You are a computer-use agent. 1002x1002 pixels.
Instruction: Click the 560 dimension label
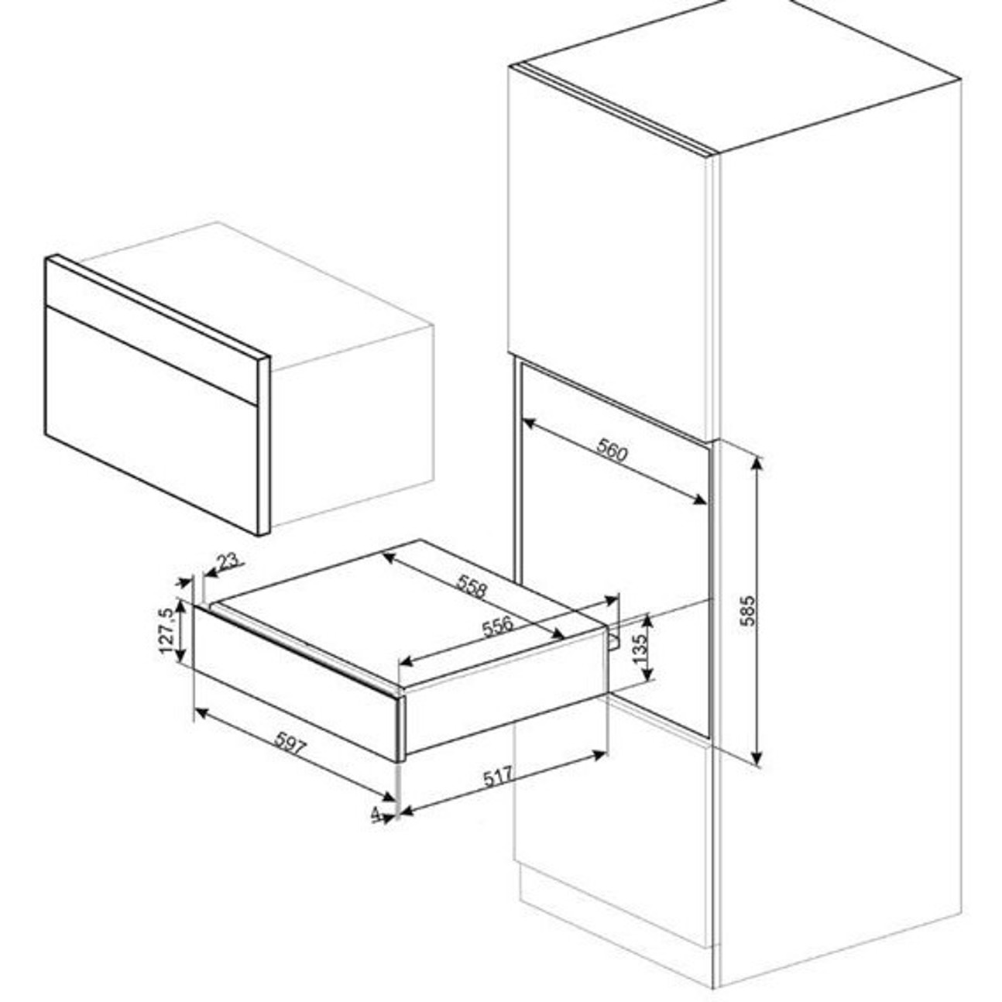612,451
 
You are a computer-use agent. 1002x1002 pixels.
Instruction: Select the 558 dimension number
472,585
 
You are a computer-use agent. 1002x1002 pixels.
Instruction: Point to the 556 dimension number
498,626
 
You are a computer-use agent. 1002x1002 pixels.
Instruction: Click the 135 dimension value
640,645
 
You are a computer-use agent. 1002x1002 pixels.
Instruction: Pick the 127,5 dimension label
167,631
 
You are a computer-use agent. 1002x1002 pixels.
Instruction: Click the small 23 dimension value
228,561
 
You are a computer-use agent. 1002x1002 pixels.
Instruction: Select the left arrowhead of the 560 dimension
528,424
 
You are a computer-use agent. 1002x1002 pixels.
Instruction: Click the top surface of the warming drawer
410,613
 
